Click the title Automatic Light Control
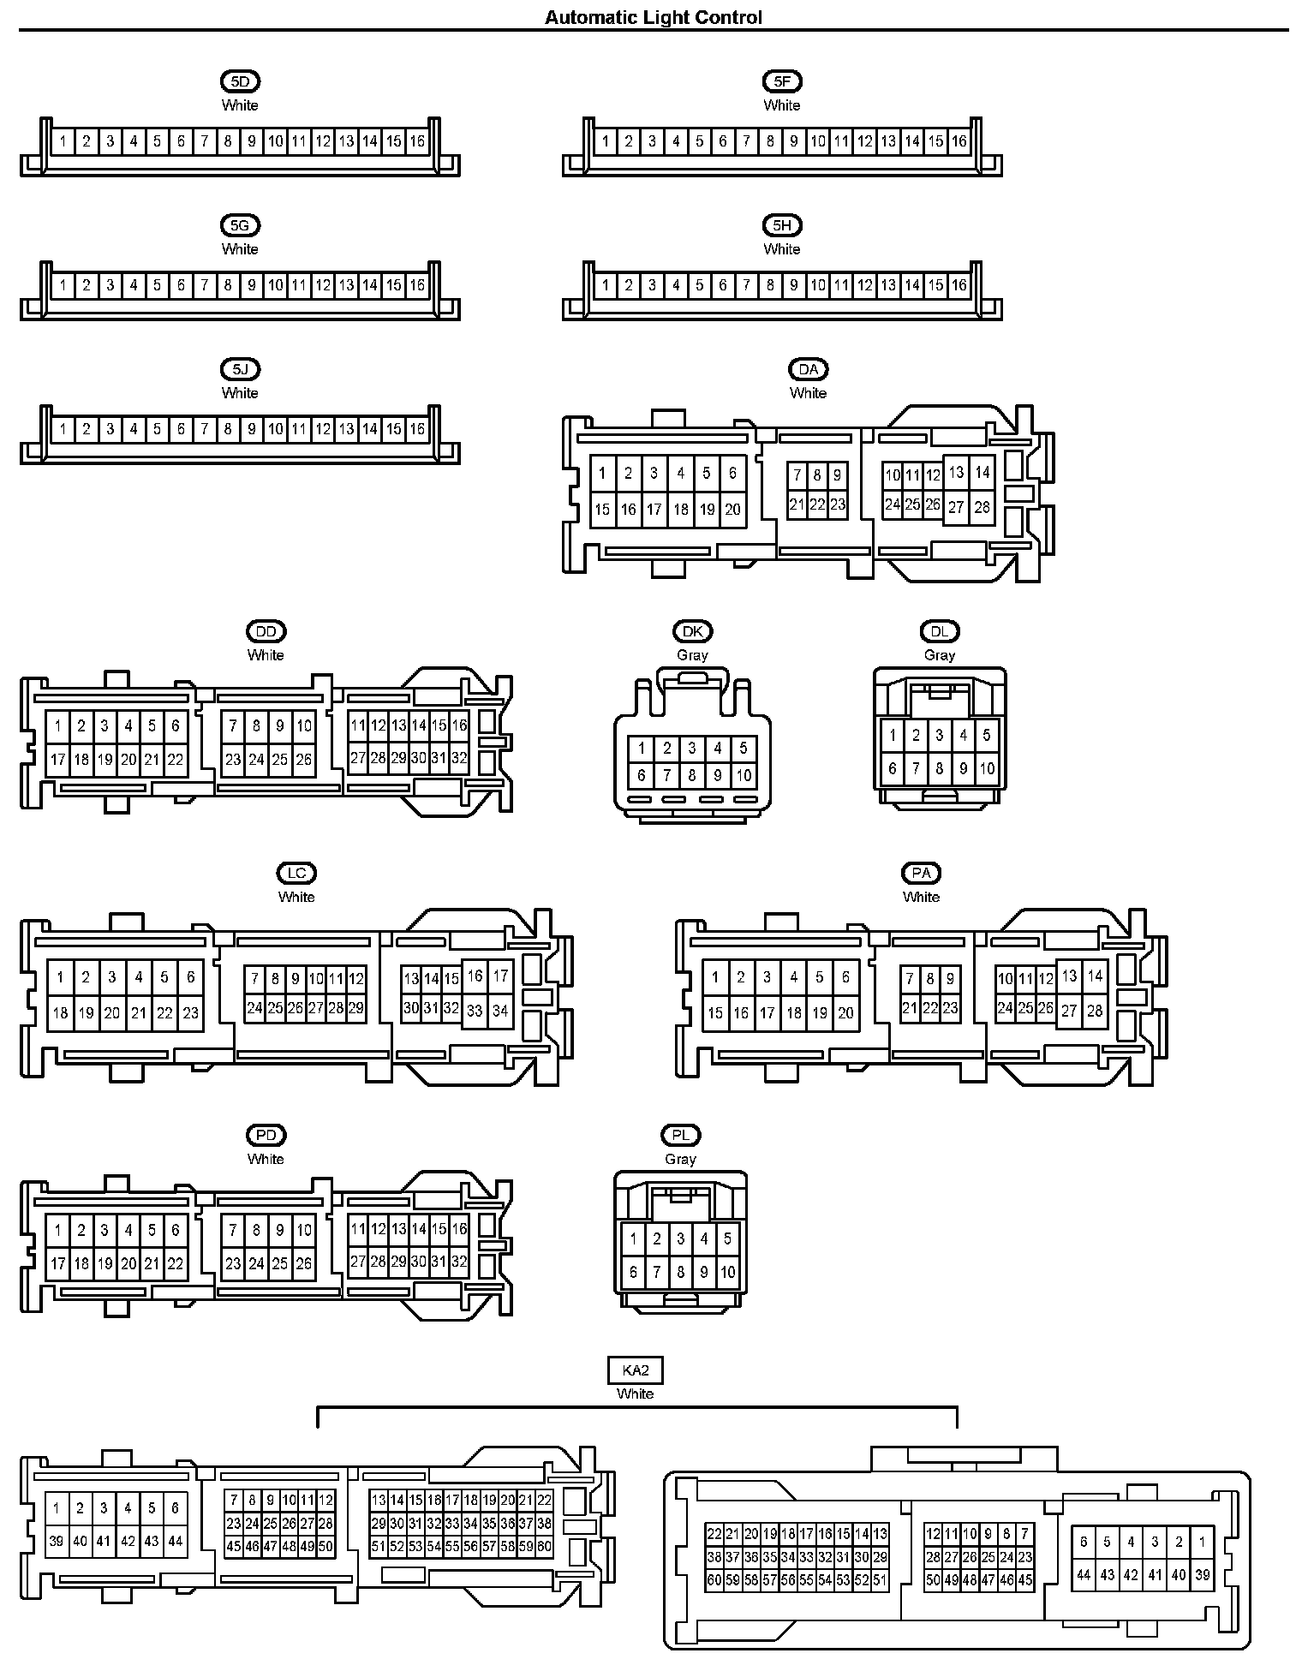(653, 17)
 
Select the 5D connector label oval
(240, 81)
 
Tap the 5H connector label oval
(781, 225)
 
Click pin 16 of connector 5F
(959, 141)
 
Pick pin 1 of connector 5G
(63, 285)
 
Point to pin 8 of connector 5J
(228, 429)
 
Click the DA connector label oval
(808, 369)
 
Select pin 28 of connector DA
(982, 507)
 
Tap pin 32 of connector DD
(459, 758)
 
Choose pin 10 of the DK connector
(743, 776)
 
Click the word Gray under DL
(939, 655)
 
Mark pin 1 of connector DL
(893, 735)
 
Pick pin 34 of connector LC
(500, 1011)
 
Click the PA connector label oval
(921, 873)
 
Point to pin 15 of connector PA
(715, 1013)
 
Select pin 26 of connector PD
(303, 1263)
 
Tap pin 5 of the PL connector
(727, 1238)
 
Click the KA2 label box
(635, 1370)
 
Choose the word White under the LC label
(296, 897)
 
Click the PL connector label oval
(680, 1135)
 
